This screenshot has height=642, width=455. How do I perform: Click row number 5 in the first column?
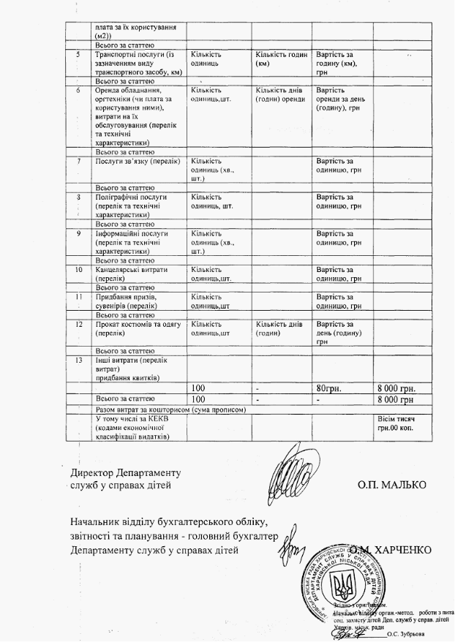pos(78,55)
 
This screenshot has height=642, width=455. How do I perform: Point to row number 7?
pos(78,160)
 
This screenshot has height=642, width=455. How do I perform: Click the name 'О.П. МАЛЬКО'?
pos(392,485)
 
